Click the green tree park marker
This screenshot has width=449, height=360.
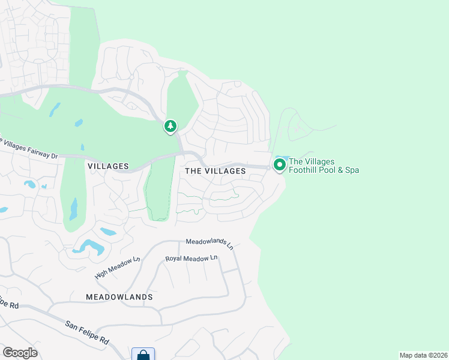[x=171, y=127]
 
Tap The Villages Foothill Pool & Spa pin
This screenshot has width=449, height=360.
[x=279, y=164]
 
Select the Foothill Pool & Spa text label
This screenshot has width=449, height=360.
[x=324, y=166]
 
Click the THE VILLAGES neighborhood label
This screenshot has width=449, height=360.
[x=215, y=171]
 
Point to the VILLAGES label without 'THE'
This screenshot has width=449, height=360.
[x=108, y=166]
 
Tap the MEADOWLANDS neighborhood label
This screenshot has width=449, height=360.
[x=119, y=297]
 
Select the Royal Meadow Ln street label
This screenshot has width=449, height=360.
[x=191, y=258]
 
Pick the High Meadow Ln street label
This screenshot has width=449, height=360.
[x=117, y=268]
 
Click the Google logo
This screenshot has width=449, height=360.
[x=20, y=353]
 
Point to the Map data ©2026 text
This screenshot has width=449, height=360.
[x=423, y=355]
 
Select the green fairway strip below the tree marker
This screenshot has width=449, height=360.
[x=157, y=189]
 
